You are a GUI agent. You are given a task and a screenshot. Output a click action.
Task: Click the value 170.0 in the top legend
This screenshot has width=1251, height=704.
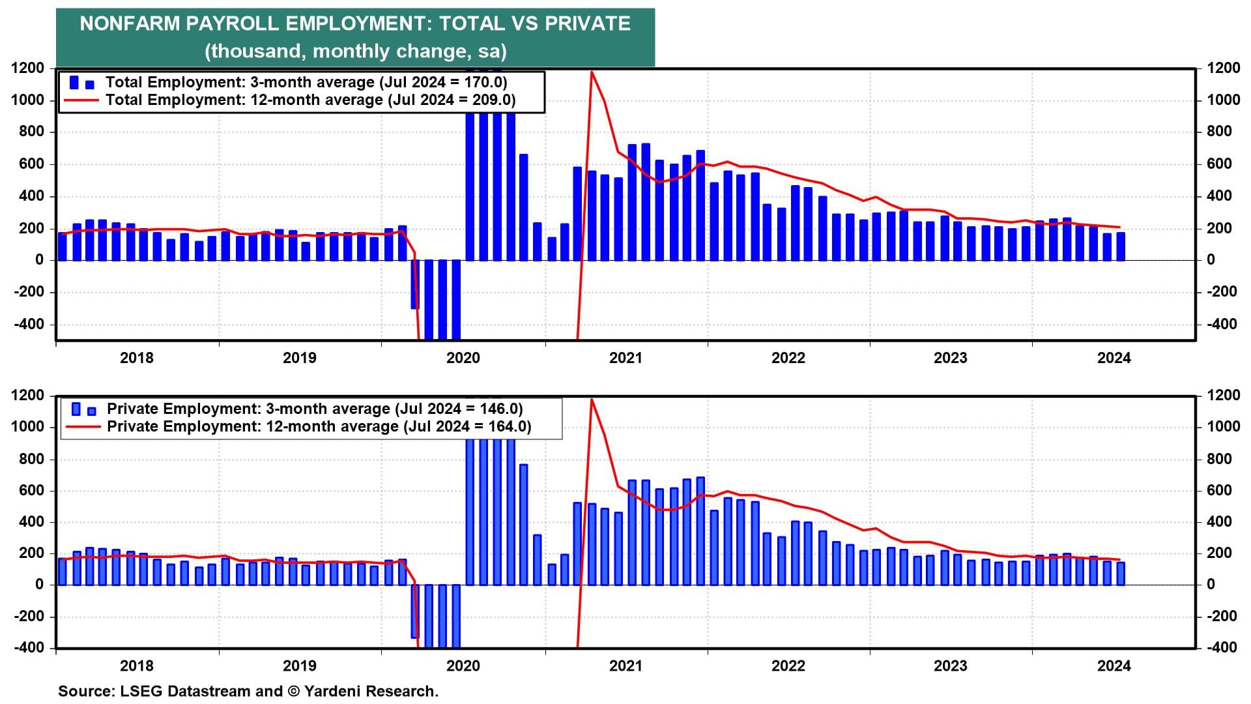point(483,82)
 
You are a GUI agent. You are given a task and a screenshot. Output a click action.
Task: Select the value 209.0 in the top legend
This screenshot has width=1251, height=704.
point(492,100)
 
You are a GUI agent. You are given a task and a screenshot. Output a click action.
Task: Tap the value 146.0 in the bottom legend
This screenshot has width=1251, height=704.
point(499,409)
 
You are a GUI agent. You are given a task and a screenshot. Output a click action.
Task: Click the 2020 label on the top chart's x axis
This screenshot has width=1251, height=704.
point(463,358)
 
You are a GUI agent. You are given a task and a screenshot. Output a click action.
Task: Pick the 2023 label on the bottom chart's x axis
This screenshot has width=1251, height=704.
point(950,666)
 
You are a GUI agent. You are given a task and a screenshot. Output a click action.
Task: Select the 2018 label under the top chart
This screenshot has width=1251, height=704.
point(137,358)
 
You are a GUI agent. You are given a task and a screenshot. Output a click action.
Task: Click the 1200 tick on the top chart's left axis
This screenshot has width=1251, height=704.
point(28,68)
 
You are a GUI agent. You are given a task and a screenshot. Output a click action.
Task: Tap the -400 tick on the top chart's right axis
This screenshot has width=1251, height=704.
point(1222,324)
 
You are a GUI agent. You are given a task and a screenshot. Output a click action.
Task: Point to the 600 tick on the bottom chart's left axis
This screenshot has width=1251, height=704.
point(31,490)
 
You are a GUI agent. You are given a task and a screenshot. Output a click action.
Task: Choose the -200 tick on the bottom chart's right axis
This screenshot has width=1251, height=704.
point(1222,616)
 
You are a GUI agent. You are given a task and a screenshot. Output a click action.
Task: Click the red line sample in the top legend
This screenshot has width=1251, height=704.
point(81,100)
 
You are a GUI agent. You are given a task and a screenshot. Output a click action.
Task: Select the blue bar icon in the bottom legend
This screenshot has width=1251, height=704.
point(83,409)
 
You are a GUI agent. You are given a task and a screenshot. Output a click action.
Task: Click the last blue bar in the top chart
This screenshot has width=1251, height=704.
point(1120,246)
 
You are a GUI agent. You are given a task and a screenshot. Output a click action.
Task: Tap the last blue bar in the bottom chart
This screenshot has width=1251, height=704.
point(1120,573)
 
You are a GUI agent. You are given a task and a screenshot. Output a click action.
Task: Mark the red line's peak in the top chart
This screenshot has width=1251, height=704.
point(591,72)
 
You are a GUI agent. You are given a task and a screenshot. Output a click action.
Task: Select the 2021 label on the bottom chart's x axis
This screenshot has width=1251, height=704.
point(625,666)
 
